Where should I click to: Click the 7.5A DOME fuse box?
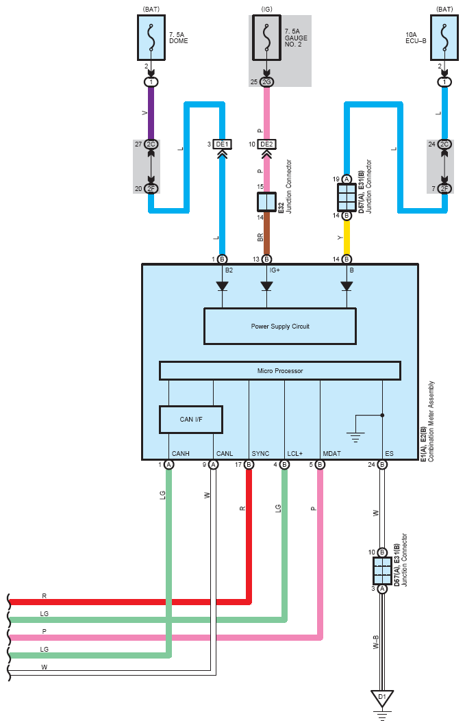[151, 38]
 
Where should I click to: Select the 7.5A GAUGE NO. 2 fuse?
[266, 38]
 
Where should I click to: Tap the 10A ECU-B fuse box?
[444, 38]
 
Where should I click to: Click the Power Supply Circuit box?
[280, 326]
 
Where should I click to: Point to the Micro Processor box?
[280, 371]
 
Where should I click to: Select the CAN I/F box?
[191, 420]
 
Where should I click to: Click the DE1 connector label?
[222, 144]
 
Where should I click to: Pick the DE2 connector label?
[266, 144]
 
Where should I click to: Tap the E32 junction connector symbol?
[266, 202]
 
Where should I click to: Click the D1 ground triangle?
[382, 698]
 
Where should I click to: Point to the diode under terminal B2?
[222, 286]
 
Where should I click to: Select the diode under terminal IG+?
[266, 286]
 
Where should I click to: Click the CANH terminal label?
[180, 453]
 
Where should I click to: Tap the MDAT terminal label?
[332, 453]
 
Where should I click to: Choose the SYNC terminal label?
[260, 453]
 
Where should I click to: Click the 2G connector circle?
[266, 82]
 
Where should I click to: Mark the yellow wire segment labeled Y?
[347, 238]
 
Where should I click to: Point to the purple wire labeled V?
[151, 113]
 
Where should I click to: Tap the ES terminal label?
[389, 453]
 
